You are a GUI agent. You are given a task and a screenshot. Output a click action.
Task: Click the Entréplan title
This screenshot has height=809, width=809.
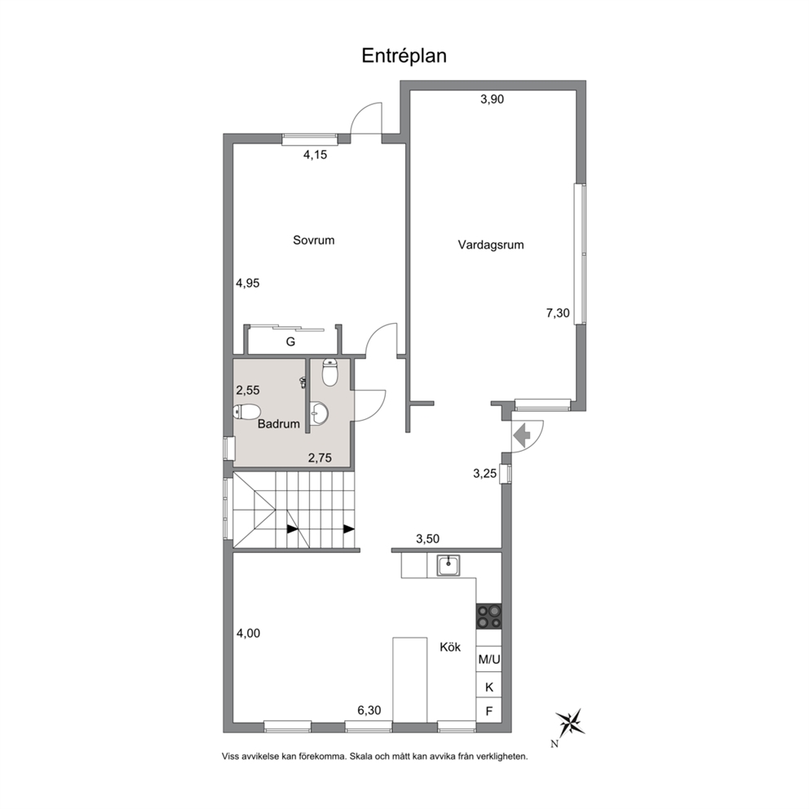click(404, 55)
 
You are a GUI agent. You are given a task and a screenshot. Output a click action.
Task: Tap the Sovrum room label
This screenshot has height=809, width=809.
click(314, 240)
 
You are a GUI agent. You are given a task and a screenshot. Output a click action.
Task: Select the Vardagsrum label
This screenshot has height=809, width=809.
click(491, 245)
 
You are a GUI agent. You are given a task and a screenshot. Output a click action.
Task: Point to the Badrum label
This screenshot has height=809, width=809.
click(279, 423)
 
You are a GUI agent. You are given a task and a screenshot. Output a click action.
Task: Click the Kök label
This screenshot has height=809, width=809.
click(450, 647)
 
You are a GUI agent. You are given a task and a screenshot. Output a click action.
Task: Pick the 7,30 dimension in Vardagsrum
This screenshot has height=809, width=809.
click(558, 312)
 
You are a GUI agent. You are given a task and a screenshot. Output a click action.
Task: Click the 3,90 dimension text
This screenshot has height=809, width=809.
click(493, 99)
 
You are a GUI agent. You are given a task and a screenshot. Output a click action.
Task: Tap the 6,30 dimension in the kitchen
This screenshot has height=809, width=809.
click(369, 710)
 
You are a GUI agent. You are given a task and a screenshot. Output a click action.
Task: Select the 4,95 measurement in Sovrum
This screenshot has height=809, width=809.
click(248, 283)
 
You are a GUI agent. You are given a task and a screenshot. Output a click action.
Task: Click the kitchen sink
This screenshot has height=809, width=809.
click(449, 565)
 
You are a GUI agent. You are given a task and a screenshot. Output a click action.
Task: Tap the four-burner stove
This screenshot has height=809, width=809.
click(488, 616)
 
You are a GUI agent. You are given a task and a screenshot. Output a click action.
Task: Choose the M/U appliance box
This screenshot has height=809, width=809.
click(489, 659)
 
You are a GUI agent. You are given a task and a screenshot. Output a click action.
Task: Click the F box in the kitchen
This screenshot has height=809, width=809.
click(489, 711)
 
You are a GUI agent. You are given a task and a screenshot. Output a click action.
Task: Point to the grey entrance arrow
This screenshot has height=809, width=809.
click(522, 435)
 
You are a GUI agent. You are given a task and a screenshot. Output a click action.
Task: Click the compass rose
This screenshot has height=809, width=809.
click(569, 722)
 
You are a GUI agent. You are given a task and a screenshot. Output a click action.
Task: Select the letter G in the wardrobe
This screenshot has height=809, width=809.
click(290, 342)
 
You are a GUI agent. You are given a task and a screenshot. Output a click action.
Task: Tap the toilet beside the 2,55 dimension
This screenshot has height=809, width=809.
click(246, 412)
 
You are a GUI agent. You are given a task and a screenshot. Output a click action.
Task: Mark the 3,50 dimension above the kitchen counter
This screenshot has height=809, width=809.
click(427, 538)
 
